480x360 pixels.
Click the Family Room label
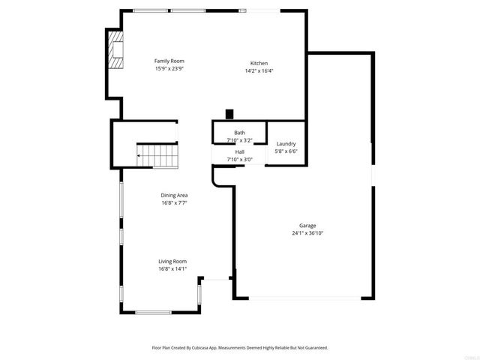(169, 61)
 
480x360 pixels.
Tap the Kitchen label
(259, 63)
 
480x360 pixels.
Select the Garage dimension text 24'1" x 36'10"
(307, 233)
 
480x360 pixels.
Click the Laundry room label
(286, 144)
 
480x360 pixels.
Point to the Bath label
(239, 133)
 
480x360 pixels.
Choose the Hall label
(239, 152)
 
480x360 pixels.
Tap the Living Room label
(172, 261)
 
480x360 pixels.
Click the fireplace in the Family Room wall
(115, 50)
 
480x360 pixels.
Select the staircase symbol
(157, 157)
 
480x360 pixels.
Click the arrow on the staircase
(140, 157)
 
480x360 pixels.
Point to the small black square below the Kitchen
(230, 115)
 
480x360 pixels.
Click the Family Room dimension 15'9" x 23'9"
(169, 68)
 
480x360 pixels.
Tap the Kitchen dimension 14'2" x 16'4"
(259, 71)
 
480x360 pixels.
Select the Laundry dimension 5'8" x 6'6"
(286, 151)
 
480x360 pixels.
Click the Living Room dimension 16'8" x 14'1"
(172, 268)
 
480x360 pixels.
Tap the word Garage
(307, 226)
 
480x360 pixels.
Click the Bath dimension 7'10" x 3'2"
(239, 140)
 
